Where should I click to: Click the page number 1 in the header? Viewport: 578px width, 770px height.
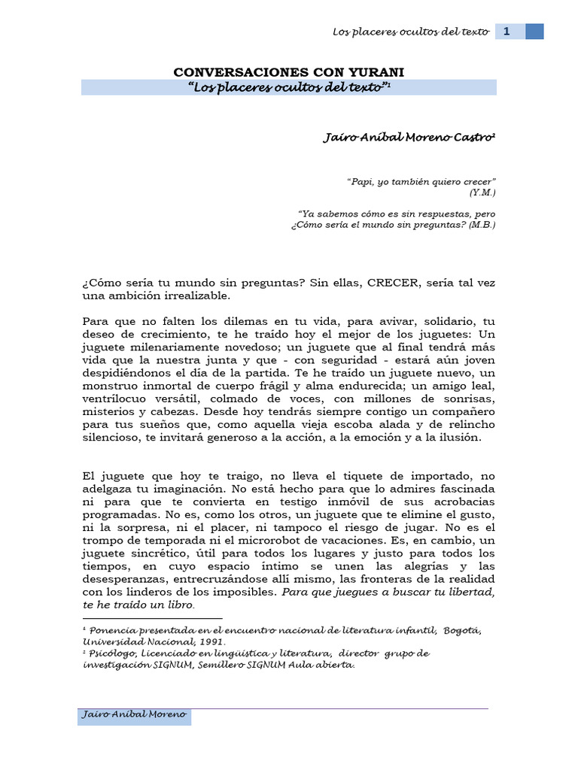click(507, 32)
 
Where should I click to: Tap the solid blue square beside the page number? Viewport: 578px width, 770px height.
click(534, 32)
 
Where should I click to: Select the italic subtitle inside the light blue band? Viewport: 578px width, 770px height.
click(288, 88)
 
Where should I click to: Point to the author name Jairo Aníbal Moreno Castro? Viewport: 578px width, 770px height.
click(409, 138)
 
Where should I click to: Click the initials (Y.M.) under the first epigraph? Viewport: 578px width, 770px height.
click(482, 192)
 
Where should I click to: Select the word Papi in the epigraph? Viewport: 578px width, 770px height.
click(360, 182)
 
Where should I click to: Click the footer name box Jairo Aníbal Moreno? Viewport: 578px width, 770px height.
click(135, 714)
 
